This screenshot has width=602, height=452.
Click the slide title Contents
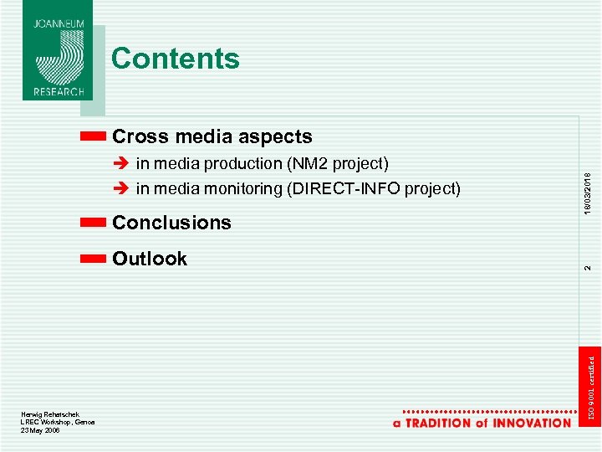[175, 59]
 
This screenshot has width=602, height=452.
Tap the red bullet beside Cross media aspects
[94, 136]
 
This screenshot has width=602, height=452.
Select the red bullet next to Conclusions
[94, 223]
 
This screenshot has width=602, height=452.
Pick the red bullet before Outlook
[94, 259]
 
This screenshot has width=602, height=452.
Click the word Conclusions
[171, 223]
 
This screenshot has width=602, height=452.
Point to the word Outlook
[150, 259]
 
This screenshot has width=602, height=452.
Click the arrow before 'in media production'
[121, 163]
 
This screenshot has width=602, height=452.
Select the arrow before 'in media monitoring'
[121, 189]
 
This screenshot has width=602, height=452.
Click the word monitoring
[240, 189]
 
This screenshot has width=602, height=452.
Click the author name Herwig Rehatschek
[50, 414]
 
